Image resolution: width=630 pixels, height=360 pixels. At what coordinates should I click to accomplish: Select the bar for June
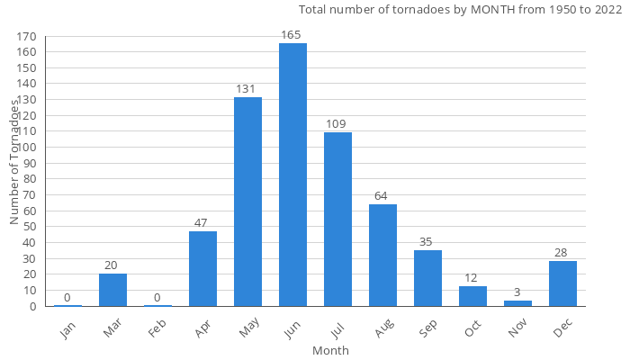pyautogui.click(x=292, y=175)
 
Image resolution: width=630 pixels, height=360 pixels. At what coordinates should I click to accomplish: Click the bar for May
pyautogui.click(x=247, y=202)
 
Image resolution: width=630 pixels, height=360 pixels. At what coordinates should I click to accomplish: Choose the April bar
pyautogui.click(x=202, y=268)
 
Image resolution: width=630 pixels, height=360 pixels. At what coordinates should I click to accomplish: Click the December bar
pyautogui.click(x=562, y=283)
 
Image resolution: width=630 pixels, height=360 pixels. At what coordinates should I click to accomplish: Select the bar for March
pyautogui.click(x=112, y=290)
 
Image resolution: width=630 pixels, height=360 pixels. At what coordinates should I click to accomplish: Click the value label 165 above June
pyautogui.click(x=292, y=35)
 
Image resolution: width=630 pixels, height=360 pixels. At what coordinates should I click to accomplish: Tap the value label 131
pyautogui.click(x=247, y=89)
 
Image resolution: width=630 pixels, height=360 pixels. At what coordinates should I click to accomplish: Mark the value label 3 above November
pyautogui.click(x=517, y=292)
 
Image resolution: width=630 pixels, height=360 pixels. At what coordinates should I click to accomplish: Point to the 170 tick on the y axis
pyautogui.click(x=26, y=37)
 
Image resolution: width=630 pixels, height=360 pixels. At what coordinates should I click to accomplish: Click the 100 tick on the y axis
pyautogui.click(x=26, y=148)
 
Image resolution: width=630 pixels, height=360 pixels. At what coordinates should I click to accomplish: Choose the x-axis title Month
pyautogui.click(x=330, y=350)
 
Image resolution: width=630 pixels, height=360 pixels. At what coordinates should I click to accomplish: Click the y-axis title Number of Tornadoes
pyautogui.click(x=15, y=162)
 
